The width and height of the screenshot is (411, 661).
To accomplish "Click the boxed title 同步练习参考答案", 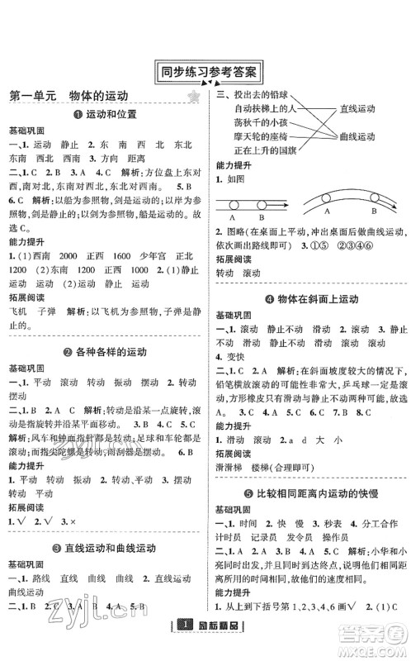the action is (205, 72).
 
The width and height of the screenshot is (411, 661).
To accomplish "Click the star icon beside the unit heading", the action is (194, 97).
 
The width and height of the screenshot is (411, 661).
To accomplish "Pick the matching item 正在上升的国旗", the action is (265, 151).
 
